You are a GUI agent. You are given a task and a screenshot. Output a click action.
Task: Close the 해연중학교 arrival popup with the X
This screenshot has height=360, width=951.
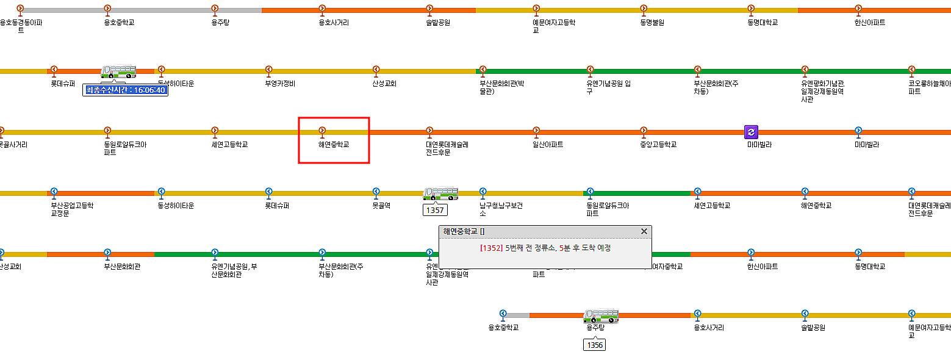click(644, 231)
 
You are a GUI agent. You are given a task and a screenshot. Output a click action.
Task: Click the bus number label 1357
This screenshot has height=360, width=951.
click(436, 210)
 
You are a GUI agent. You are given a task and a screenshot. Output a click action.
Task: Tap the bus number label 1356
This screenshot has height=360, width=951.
click(594, 345)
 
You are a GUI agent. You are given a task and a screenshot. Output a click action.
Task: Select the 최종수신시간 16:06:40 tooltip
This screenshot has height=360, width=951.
click(125, 90)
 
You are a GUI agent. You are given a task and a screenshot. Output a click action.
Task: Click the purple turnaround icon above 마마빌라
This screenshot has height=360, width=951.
click(751, 131)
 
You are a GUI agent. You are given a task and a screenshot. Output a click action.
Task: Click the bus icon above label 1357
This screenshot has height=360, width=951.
click(440, 193)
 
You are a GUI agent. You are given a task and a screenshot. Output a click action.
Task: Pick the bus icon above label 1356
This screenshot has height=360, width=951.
click(601, 315)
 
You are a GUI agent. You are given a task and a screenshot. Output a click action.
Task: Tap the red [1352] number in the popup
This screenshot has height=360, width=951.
click(491, 248)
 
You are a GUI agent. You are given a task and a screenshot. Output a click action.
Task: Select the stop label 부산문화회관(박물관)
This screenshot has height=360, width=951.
click(502, 87)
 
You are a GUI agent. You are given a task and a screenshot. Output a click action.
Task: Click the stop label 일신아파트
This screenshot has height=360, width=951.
click(547, 145)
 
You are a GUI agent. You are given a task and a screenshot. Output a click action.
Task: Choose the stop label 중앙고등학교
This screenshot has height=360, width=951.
click(658, 145)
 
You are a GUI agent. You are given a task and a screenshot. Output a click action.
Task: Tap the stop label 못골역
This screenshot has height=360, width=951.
click(381, 206)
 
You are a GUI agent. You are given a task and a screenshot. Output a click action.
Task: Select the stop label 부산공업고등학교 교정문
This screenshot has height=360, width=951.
click(72, 209)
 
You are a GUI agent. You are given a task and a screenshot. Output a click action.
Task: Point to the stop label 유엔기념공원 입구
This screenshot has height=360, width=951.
click(609, 87)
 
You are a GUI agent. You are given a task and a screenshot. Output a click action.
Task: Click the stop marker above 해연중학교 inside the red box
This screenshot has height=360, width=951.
click(322, 130)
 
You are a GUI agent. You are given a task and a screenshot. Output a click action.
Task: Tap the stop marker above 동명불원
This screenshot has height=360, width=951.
click(644, 9)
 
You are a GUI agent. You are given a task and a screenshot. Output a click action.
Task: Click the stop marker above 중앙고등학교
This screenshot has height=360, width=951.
click(644, 130)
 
